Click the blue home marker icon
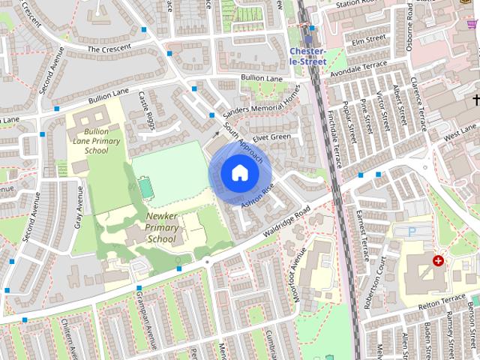tap(238, 172)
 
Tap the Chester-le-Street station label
tap(307, 56)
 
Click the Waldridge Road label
tap(281, 223)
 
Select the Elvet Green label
tap(271, 137)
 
